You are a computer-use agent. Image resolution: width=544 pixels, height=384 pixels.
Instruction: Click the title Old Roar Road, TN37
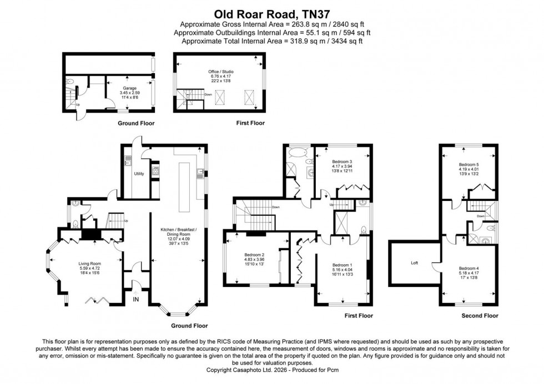(271, 12)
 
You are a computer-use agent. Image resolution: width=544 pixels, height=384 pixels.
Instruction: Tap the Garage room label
(129, 88)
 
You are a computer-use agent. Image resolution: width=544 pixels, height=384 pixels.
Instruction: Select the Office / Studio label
(219, 72)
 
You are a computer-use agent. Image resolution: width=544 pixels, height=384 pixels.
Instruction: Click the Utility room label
(139, 174)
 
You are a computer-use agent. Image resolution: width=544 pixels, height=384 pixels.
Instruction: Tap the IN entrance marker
(135, 300)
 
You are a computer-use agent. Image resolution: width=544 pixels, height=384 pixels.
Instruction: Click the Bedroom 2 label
(255, 255)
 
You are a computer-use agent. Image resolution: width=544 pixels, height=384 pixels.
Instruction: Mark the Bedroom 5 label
(469, 165)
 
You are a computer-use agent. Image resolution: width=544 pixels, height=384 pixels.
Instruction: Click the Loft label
(414, 262)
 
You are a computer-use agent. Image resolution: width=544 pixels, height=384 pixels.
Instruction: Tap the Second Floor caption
(480, 316)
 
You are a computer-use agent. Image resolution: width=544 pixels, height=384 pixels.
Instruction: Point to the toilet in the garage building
(68, 84)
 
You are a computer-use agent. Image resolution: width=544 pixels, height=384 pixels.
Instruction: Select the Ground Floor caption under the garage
(136, 123)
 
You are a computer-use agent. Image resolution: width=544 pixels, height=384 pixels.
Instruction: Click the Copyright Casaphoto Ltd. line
(271, 370)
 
